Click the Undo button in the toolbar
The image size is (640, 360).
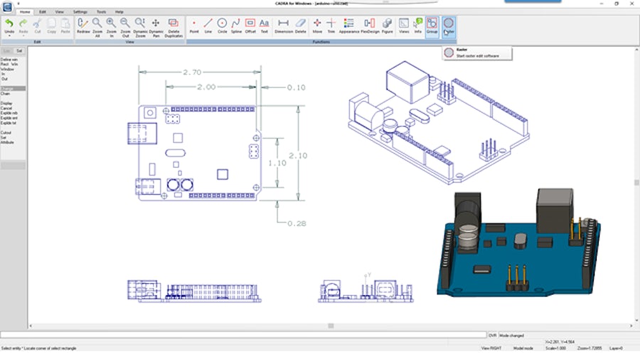pos(9,26)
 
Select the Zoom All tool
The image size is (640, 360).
pos(97,26)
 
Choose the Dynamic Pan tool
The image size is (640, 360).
pos(156,26)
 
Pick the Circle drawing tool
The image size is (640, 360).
pos(222,26)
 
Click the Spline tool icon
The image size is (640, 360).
pos(236,26)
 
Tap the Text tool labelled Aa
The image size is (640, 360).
pos(265,26)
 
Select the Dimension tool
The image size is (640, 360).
pos(283,26)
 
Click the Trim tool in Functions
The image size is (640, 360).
pos(331,26)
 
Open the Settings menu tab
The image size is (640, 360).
pos(80,12)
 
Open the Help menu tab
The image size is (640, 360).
pos(119,12)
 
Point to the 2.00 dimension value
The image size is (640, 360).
pos(206,87)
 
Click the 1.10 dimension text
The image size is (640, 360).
pos(277,163)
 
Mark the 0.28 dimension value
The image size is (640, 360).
pos(297,223)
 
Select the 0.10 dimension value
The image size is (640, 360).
pos(296,88)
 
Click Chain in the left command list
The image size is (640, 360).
pos(6,93)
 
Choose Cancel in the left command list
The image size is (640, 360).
pos(6,107)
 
